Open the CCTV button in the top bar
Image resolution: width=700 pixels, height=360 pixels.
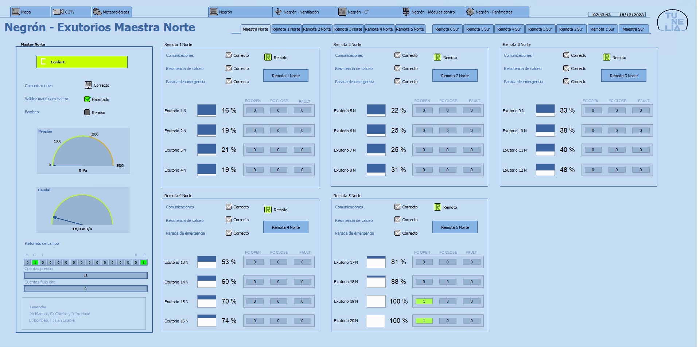[x=71, y=12]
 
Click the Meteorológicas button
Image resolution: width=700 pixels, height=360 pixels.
[x=112, y=12]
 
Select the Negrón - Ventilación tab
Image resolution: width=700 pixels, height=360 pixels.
[x=304, y=12]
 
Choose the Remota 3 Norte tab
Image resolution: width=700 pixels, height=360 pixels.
[x=348, y=29]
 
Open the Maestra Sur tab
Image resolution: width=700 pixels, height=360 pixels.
[x=633, y=29]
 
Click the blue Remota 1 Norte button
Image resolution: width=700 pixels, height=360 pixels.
[x=286, y=75]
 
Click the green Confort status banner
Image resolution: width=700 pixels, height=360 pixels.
[x=82, y=62]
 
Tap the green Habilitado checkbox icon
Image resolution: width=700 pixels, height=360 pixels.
[x=87, y=99]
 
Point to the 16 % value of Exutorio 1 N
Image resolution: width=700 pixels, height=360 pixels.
[x=229, y=110]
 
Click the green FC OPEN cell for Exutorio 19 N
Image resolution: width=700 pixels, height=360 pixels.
[x=424, y=301]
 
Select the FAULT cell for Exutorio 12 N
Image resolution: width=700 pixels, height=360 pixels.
[x=641, y=170]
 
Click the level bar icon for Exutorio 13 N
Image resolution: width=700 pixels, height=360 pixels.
[x=207, y=262]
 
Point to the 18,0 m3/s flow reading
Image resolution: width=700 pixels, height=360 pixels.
[x=82, y=229]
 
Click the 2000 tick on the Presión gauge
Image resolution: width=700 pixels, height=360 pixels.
[x=95, y=134]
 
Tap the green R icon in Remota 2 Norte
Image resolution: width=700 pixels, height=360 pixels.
[x=437, y=57]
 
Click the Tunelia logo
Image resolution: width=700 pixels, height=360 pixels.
[x=673, y=21]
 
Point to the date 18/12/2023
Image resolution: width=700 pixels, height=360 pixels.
[x=631, y=15]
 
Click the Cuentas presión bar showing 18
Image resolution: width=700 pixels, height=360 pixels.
[x=86, y=275]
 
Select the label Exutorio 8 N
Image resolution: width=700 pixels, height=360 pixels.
[x=345, y=170]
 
